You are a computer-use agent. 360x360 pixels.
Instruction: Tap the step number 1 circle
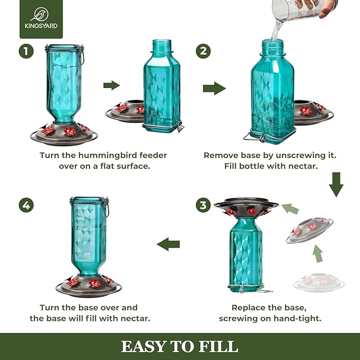(x=26, y=51)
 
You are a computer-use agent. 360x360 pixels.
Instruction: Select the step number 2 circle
(x=203, y=51)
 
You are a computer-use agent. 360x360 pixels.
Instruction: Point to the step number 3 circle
(x=203, y=205)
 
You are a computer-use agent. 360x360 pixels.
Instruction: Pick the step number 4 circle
(x=26, y=205)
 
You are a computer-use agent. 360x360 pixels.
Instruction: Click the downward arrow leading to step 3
(x=336, y=185)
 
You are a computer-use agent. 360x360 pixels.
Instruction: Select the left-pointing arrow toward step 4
(x=168, y=244)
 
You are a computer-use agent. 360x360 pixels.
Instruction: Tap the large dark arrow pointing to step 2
(x=214, y=89)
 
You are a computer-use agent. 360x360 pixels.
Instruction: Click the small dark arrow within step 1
(x=111, y=85)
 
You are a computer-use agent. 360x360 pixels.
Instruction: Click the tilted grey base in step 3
(x=310, y=230)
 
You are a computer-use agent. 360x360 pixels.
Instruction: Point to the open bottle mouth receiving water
(x=273, y=41)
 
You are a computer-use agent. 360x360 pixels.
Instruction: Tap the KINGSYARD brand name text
(x=41, y=26)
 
